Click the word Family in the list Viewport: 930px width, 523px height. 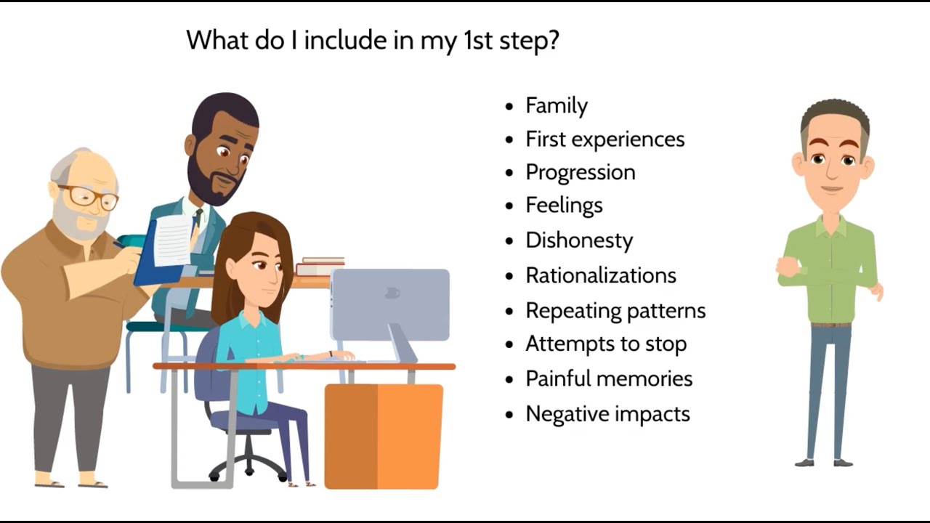pos(556,106)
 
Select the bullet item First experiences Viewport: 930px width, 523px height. pos(604,139)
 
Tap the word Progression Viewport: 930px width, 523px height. pos(580,173)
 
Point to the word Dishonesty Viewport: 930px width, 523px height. pos(579,241)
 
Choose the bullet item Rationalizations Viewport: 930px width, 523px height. pos(600,276)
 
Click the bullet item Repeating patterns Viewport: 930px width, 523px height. pos(615,311)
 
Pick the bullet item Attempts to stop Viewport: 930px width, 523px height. pos(605,344)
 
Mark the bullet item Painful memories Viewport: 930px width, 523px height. pos(608,379)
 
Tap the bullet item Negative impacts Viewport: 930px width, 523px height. pos(607,414)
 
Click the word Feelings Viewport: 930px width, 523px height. pos(564,206)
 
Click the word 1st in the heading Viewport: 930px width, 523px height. pos(477,41)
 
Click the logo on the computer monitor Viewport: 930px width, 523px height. pos(392,293)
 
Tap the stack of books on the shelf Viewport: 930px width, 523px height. pos(320,267)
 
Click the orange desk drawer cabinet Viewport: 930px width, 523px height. pos(383,436)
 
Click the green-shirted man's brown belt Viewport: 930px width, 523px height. pos(831,324)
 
